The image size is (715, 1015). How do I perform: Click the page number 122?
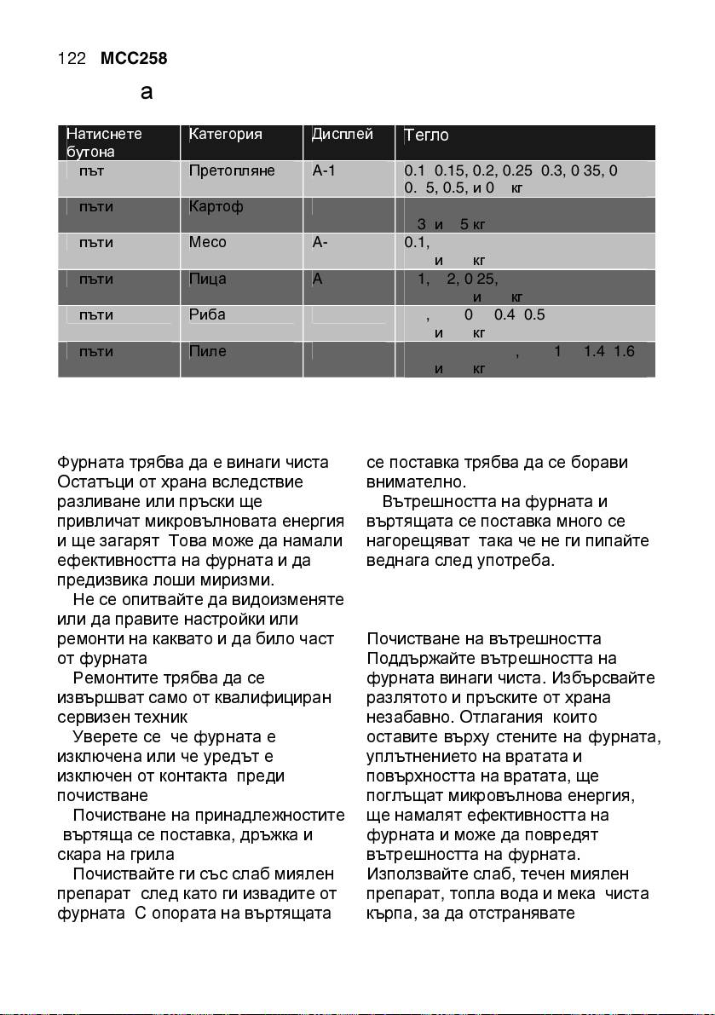click(72, 59)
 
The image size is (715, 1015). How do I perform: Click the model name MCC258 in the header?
click(134, 59)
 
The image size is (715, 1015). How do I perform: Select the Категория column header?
click(225, 135)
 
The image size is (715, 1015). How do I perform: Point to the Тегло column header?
click(427, 136)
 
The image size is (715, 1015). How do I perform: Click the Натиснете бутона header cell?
click(104, 142)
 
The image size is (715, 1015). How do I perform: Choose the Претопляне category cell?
click(231, 170)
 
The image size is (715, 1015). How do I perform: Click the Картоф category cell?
click(213, 206)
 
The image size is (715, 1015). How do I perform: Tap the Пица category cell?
click(207, 279)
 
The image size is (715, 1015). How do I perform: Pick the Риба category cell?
click(207, 314)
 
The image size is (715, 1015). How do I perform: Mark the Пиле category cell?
click(207, 351)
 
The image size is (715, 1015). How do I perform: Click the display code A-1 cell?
click(324, 170)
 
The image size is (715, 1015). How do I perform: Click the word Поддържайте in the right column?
click(411, 659)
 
